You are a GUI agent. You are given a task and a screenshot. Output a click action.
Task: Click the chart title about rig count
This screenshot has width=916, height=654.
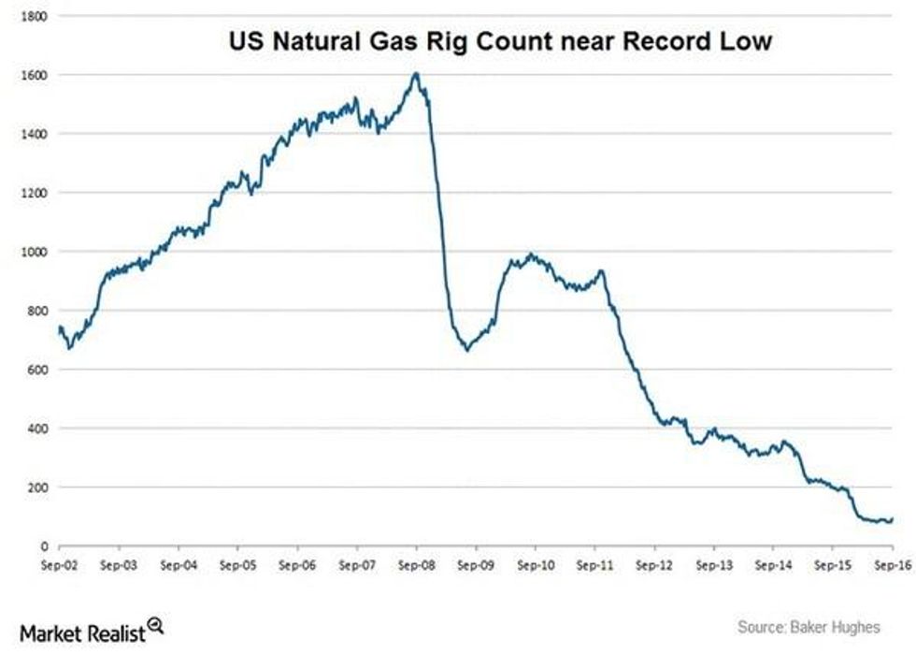501,42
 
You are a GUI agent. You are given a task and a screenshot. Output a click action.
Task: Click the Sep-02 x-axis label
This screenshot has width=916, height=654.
59,566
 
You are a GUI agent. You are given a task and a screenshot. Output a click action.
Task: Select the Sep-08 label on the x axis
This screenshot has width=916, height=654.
415,566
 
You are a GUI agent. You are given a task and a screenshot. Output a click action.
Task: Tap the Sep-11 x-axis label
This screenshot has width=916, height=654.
594,566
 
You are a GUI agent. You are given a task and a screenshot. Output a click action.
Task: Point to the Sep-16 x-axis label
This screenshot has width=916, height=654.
891,566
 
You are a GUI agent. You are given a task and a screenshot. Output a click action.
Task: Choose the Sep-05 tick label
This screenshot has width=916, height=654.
237,566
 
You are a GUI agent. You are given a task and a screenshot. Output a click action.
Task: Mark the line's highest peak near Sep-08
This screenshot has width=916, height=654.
416,73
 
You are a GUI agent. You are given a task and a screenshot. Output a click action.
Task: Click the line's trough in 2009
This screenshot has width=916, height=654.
467,350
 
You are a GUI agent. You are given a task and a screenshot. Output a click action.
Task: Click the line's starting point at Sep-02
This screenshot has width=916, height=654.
59,327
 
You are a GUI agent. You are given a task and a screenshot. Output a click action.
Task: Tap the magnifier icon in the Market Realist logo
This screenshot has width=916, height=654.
155,626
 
